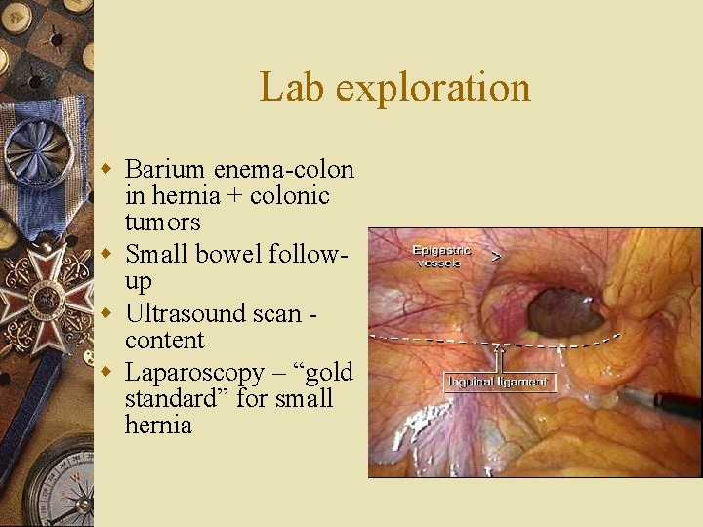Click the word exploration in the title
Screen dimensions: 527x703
click(433, 88)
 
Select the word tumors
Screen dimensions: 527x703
click(162, 223)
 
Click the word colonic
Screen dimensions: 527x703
click(290, 196)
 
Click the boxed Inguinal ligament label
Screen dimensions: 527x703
click(499, 382)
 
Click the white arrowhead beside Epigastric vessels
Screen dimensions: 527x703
click(496, 258)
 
